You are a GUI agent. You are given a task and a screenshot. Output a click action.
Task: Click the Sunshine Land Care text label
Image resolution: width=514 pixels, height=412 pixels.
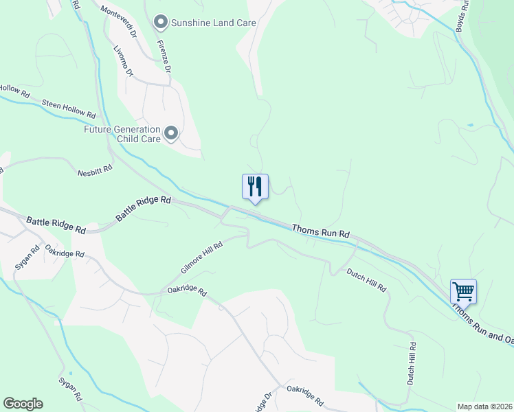click(214, 23)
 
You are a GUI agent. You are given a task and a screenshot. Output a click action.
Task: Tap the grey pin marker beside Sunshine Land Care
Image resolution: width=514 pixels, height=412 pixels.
click(161, 23)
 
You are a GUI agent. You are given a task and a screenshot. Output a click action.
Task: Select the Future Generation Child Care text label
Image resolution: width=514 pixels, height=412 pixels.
click(122, 134)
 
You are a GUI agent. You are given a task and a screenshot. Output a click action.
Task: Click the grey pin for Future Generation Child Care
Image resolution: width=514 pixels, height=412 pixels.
click(171, 133)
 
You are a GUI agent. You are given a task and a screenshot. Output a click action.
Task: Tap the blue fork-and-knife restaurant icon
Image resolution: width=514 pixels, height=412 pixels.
click(254, 187)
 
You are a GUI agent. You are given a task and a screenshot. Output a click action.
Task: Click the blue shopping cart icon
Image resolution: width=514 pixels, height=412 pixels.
click(463, 291)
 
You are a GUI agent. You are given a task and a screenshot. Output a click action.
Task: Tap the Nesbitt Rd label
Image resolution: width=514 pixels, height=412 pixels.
click(95, 172)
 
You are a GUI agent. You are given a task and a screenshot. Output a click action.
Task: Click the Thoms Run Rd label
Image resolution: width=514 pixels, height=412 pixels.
click(321, 231)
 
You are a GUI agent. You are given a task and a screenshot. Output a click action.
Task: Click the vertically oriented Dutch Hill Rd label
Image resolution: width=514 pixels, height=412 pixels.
click(411, 363)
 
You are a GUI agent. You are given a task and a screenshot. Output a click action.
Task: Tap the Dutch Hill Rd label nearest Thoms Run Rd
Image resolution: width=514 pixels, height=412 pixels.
click(366, 280)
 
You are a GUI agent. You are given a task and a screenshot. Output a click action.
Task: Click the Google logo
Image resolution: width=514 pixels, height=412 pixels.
click(23, 404)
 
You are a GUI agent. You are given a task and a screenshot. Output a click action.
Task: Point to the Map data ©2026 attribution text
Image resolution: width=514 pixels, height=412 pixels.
click(484, 407)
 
